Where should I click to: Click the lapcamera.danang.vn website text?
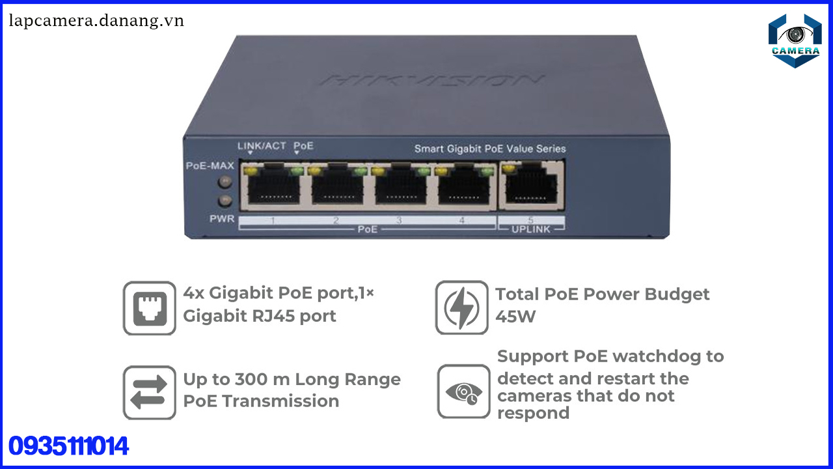96,21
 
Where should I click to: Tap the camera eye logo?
795,40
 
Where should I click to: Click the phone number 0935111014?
68,447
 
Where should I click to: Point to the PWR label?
221,219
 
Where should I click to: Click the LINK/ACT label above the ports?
262,146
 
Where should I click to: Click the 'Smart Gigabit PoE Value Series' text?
490,149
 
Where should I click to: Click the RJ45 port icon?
150,308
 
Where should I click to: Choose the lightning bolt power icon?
462,308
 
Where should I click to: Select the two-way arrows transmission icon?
150,392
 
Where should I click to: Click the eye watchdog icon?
463,391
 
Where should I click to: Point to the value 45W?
515,317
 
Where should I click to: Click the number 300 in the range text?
254,379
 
